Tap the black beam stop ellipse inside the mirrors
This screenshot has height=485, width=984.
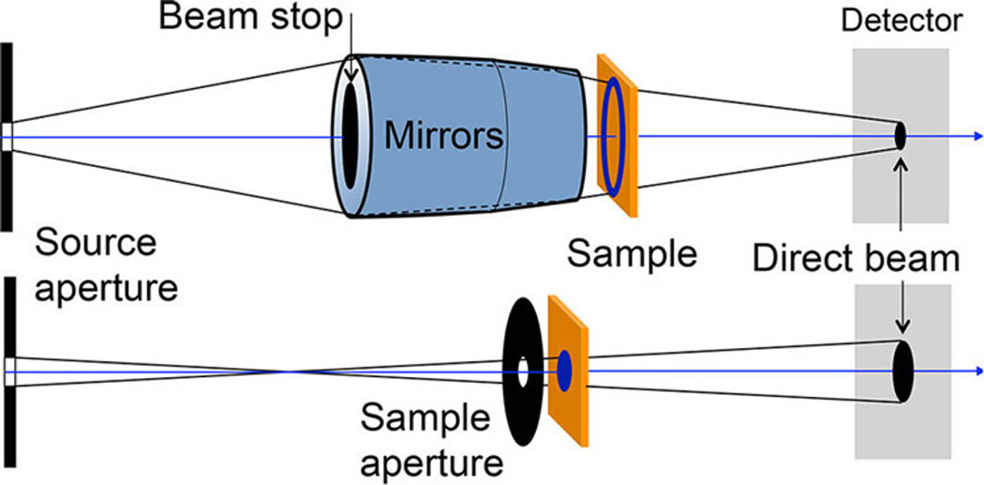coord(353,137)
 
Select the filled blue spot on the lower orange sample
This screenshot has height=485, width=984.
coord(565,364)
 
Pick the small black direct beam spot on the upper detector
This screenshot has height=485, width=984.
coord(901,137)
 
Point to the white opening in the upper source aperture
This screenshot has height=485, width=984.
coord(7,136)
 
